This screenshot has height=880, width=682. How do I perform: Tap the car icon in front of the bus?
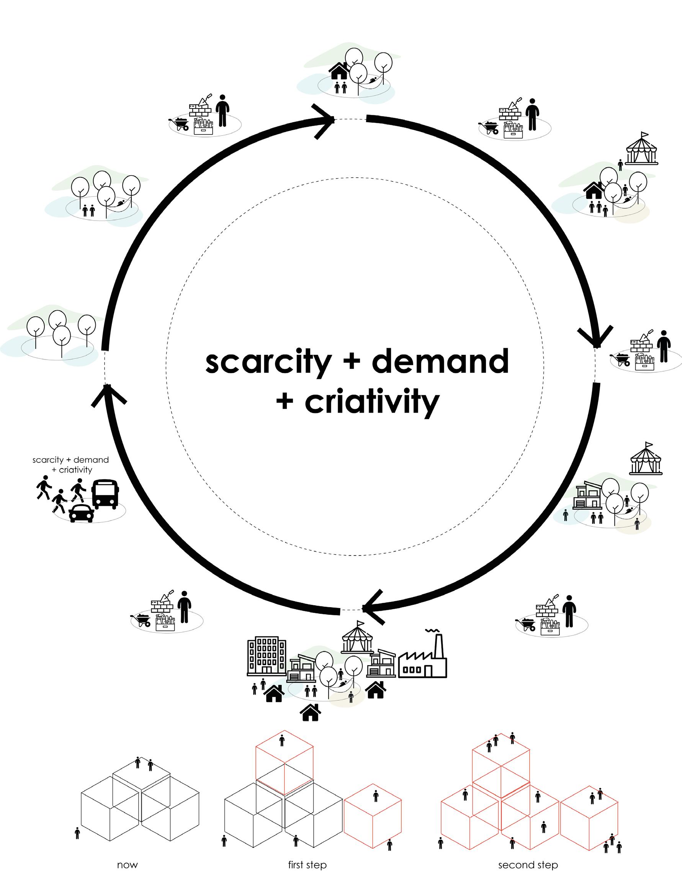(x=81, y=513)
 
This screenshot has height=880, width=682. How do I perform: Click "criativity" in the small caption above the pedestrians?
(x=75, y=470)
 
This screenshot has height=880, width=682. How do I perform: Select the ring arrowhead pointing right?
(x=324, y=120)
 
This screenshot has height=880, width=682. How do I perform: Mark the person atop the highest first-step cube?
(x=282, y=740)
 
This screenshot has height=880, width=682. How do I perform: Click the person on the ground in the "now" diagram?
(x=77, y=833)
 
